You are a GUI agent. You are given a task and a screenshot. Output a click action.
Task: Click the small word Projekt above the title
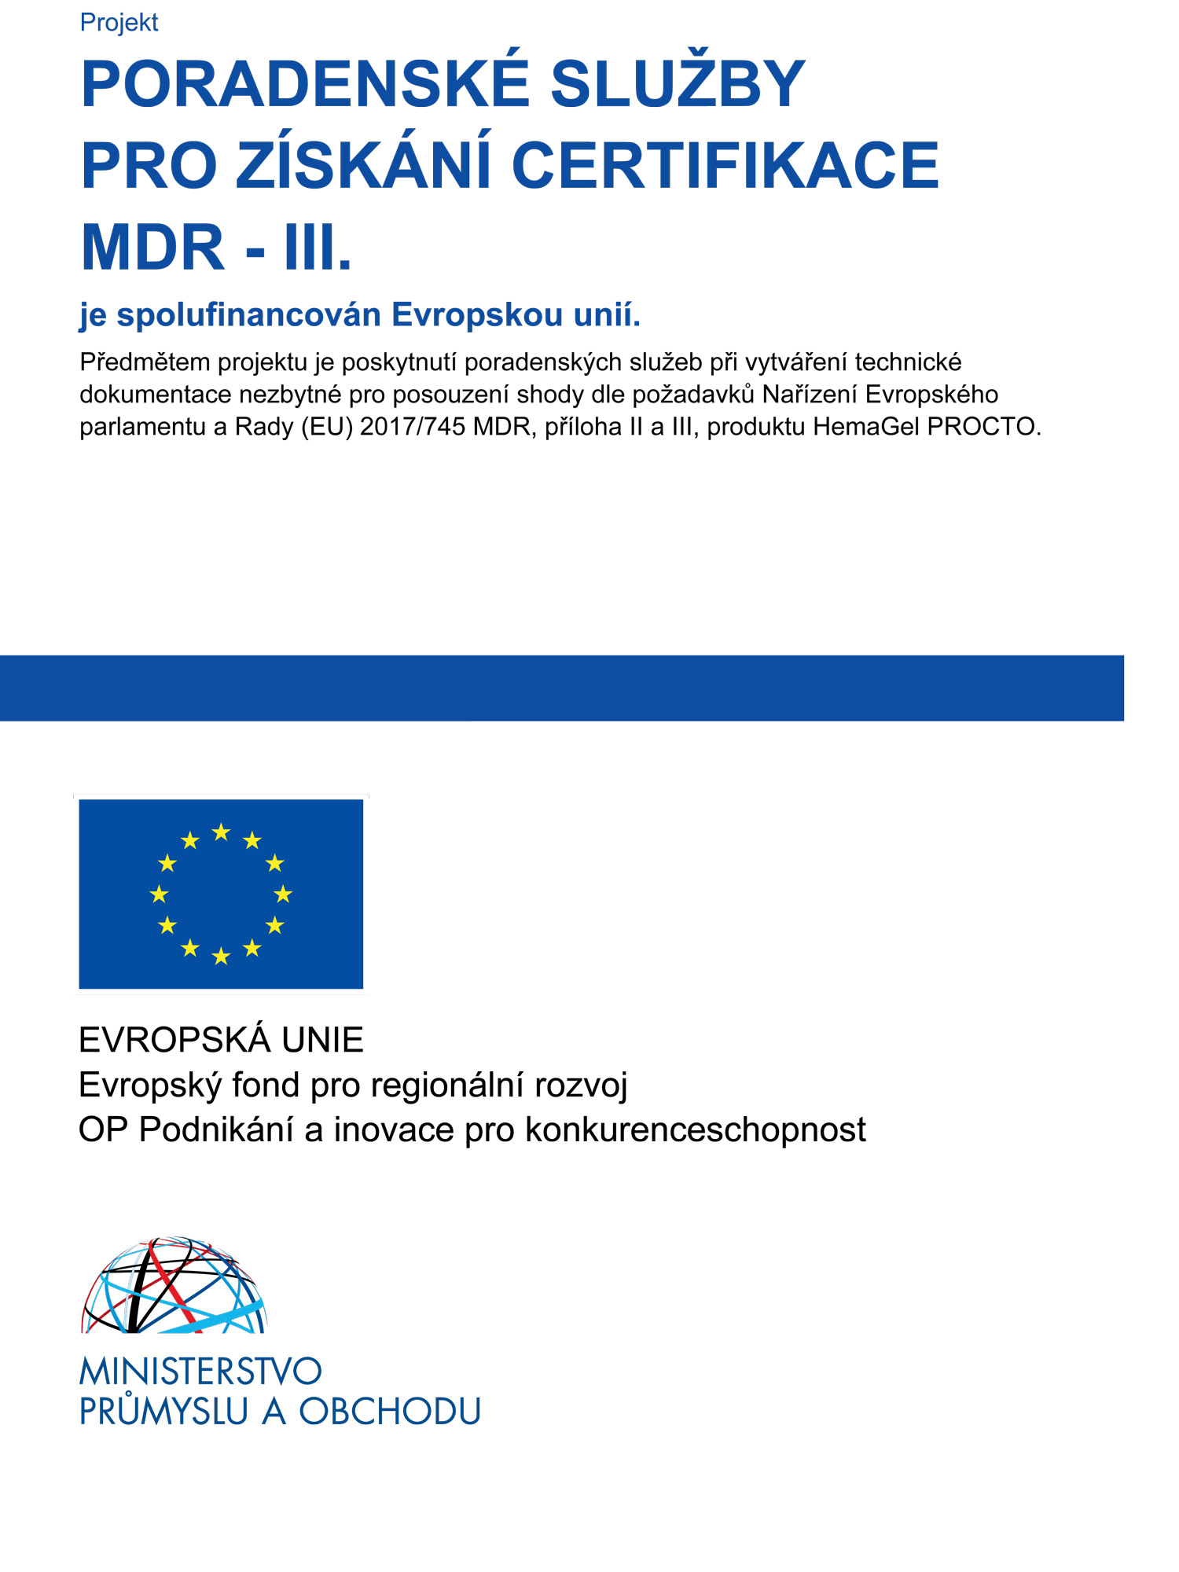119,23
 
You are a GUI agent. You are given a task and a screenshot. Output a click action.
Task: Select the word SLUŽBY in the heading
678,84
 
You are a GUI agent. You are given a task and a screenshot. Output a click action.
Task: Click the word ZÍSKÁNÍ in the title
365,166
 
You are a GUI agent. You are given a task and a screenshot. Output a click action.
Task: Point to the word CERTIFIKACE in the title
725,166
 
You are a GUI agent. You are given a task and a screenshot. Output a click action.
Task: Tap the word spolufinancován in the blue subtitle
249,314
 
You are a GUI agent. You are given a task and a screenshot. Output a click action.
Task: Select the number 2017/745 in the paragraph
413,427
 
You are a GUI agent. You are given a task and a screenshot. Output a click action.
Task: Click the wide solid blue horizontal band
561,688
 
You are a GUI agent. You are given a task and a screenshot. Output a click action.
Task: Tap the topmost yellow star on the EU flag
222,832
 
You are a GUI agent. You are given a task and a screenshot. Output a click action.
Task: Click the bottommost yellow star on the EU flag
222,956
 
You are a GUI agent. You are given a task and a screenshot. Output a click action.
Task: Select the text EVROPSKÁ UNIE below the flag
221,1040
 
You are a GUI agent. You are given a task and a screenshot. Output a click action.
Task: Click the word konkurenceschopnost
695,1130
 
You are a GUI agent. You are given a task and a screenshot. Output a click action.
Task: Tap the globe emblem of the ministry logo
174,1287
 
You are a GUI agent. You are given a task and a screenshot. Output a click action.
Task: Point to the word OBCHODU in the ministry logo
390,1412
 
